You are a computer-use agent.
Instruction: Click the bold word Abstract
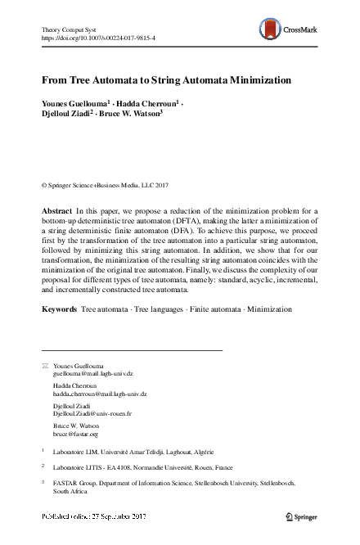coord(56,211)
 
